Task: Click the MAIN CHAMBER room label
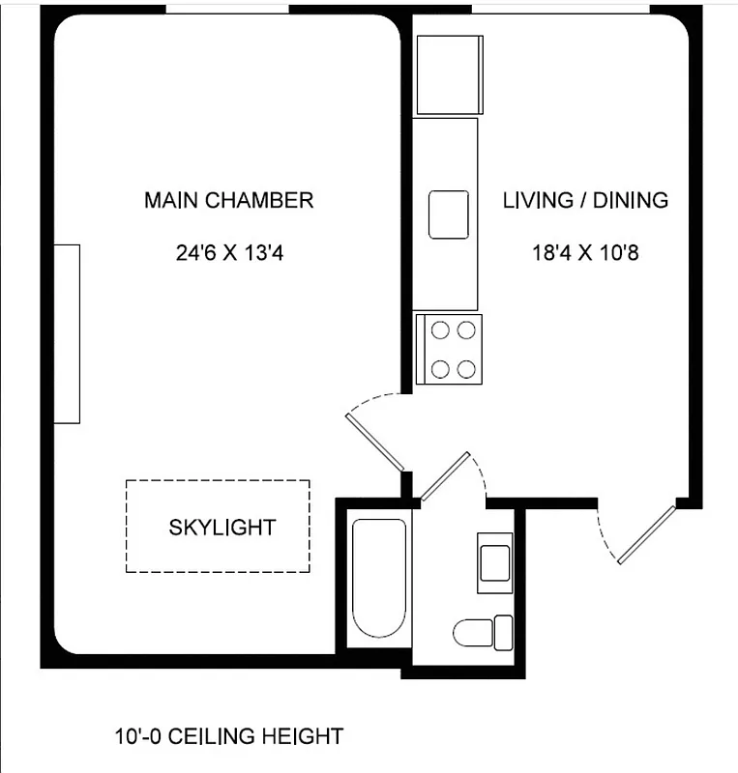click(228, 200)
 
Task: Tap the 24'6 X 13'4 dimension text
click(228, 253)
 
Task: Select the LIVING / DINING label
click(585, 200)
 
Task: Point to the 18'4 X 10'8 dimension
click(585, 253)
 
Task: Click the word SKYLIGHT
click(221, 528)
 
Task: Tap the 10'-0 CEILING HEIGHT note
click(228, 736)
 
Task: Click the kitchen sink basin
click(449, 214)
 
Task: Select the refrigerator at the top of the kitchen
click(448, 74)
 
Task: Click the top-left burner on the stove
click(440, 330)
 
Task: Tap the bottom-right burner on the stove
click(466, 368)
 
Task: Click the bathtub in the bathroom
click(378, 577)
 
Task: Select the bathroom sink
click(494, 561)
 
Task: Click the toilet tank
click(502, 632)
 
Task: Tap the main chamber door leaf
click(374, 442)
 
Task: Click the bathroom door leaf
click(445, 476)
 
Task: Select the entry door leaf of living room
click(646, 534)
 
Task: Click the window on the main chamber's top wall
click(227, 9)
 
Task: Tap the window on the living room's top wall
click(560, 9)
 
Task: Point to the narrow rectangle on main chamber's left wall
click(67, 333)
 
